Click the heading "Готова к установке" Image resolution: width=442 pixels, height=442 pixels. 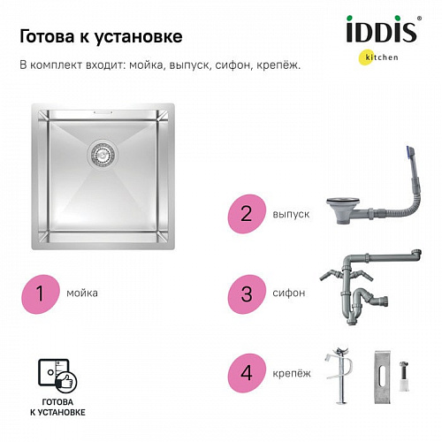(x=101, y=36)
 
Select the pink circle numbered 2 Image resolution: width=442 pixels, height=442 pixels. (x=247, y=214)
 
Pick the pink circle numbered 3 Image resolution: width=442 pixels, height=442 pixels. (x=247, y=292)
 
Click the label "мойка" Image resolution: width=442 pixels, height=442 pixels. (x=82, y=292)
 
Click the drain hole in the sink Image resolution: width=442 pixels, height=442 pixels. (x=101, y=156)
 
